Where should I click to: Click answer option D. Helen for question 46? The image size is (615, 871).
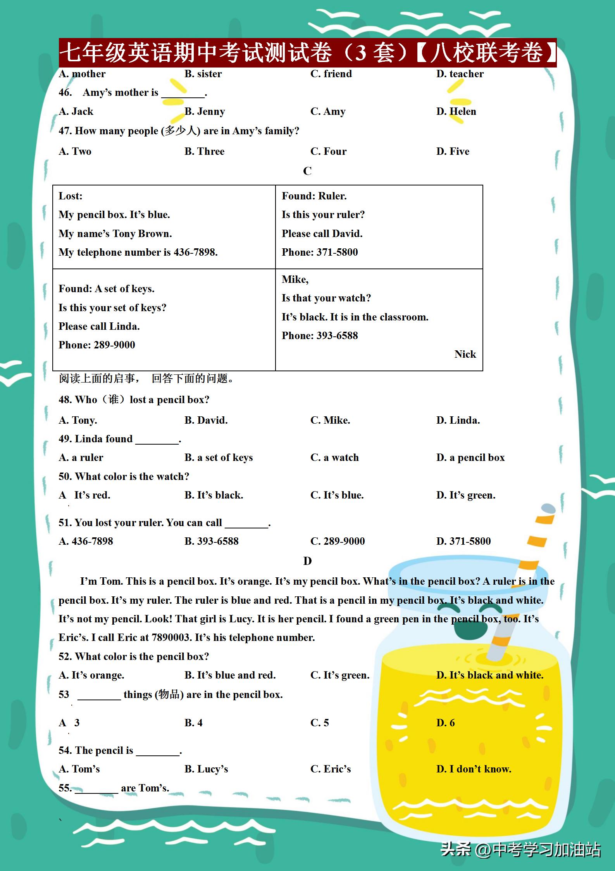456,112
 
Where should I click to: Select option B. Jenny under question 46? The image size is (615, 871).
204,112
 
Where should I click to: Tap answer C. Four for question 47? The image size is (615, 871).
328,151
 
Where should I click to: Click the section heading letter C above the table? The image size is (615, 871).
307,171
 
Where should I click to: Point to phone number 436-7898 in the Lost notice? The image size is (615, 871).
195,252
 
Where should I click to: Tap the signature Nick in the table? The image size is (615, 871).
465,354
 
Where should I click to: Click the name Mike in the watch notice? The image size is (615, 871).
295,279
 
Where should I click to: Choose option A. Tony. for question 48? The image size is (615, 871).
78,420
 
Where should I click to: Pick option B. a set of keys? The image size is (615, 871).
219,458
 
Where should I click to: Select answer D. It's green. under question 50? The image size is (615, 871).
465,495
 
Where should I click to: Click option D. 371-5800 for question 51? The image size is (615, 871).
463,541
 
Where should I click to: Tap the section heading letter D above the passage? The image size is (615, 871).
307,561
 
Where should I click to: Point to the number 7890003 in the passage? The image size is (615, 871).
171,637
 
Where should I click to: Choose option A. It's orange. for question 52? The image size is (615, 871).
91,675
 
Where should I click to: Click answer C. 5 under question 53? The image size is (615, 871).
319,723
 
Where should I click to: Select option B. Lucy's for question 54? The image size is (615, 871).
206,769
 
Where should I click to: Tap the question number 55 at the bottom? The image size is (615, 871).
65,788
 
